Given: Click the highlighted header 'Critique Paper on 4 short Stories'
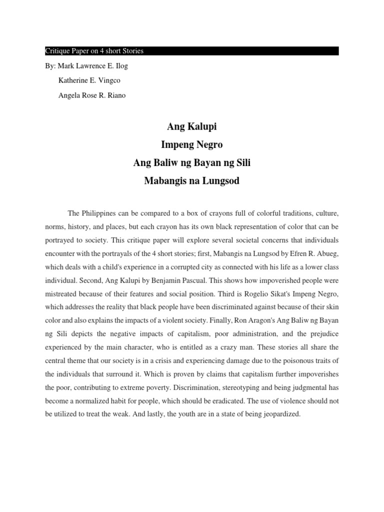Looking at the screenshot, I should click(x=94, y=51).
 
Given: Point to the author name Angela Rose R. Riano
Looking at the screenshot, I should click(x=92, y=95).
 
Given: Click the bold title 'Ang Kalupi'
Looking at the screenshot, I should click(x=191, y=127).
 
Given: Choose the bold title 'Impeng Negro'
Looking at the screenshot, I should click(x=191, y=145).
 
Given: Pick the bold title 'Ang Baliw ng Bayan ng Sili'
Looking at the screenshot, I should click(x=191, y=163).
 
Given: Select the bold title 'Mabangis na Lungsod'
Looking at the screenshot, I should click(x=191, y=181).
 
